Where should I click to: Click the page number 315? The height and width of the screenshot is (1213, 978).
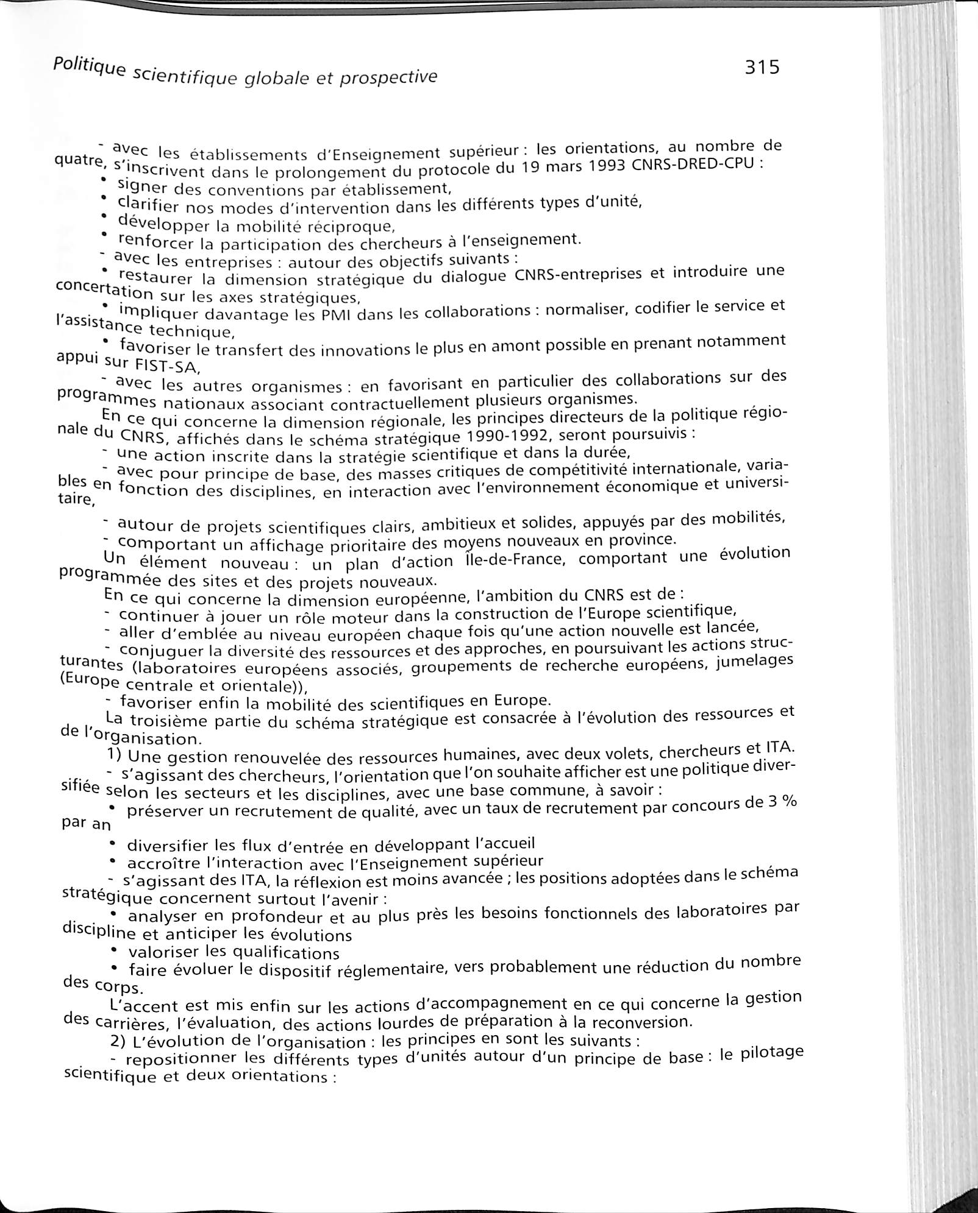(x=762, y=66)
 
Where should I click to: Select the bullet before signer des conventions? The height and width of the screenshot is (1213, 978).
(x=104, y=180)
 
